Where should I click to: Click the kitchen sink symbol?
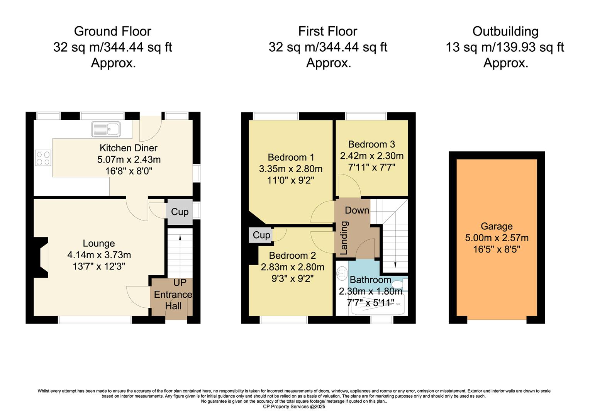click(x=106, y=129)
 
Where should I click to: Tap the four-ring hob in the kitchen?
click(x=43, y=158)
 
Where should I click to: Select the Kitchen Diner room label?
click(x=129, y=148)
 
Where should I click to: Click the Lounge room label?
click(x=99, y=243)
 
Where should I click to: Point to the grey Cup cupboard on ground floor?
click(x=180, y=212)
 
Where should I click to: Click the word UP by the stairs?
click(x=180, y=283)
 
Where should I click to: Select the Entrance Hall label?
click(x=173, y=300)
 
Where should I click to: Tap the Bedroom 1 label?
click(x=291, y=157)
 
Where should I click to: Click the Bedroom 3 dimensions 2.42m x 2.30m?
click(x=371, y=156)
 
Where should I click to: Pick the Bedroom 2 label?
click(x=292, y=255)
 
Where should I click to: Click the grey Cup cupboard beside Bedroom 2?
click(x=261, y=235)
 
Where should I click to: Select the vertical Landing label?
click(x=344, y=238)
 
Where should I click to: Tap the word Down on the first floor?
click(x=357, y=210)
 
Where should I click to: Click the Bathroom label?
click(x=370, y=280)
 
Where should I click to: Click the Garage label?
click(x=497, y=226)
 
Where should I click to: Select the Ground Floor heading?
click(x=112, y=31)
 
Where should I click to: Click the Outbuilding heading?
click(x=505, y=31)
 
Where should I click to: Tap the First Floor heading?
click(x=328, y=31)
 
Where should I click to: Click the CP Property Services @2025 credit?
click(x=294, y=407)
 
